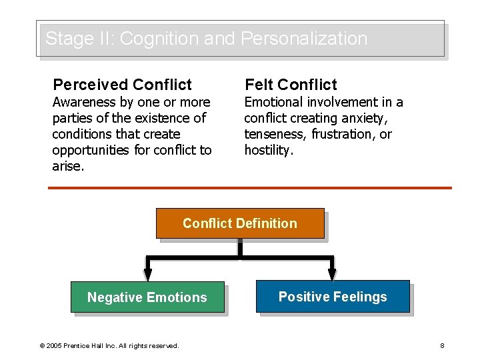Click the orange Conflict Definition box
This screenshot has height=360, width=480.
(x=240, y=223)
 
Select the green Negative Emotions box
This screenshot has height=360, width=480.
(x=147, y=297)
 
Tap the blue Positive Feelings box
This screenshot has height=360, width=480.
(x=333, y=297)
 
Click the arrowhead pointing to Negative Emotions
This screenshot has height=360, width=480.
(x=148, y=273)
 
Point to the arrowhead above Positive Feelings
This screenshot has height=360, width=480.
(x=332, y=273)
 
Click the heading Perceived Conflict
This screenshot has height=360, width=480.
(x=122, y=85)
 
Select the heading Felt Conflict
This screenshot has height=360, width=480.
(x=291, y=85)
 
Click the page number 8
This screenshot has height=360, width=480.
(x=442, y=345)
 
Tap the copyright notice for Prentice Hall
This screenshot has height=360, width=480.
(x=109, y=345)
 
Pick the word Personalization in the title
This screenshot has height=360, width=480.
(x=303, y=39)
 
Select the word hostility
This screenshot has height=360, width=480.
(x=268, y=150)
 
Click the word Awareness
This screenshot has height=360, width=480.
(x=84, y=102)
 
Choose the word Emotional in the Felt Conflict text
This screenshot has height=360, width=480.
(x=274, y=102)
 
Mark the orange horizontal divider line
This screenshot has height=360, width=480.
(x=250, y=188)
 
